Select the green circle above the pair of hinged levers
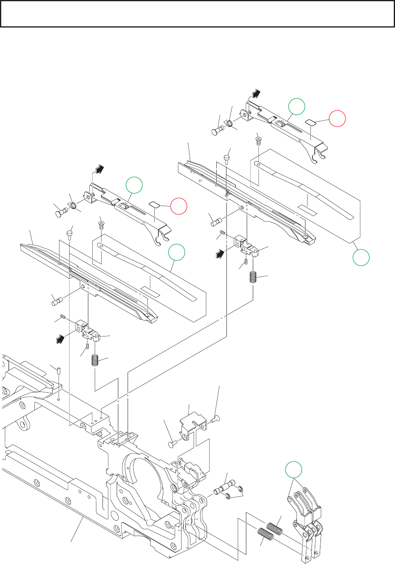tap(294, 470)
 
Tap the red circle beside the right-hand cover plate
tap(337, 119)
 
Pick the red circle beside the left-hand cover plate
tap(179, 206)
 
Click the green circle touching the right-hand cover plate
tap(297, 106)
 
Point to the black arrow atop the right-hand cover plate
tap(255, 94)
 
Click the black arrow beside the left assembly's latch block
tap(60, 338)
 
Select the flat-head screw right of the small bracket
tap(215, 419)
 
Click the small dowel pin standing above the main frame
tap(59, 370)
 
